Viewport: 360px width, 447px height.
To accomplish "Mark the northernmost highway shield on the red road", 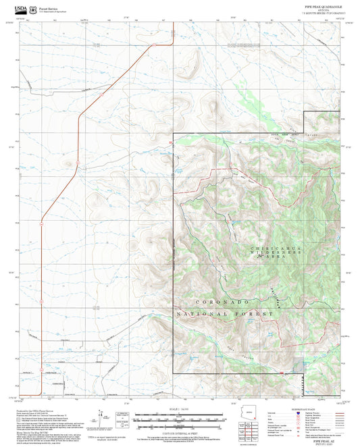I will [x=154, y=46].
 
